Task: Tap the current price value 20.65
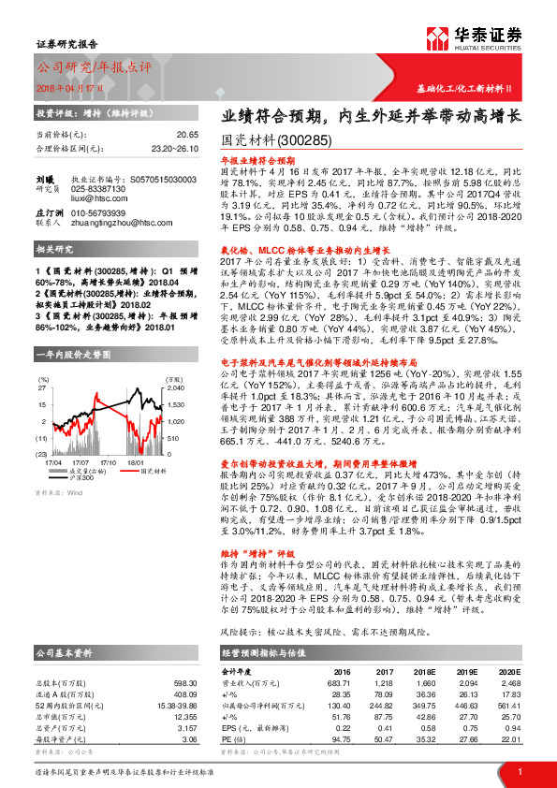188,135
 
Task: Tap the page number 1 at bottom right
519,771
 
